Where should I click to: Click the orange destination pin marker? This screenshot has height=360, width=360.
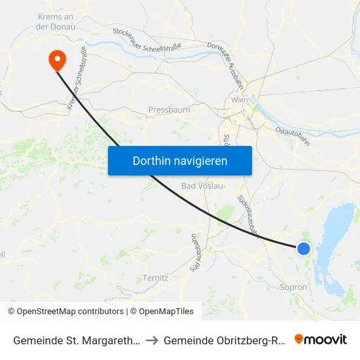(58, 60)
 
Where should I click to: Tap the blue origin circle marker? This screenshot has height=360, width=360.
(304, 249)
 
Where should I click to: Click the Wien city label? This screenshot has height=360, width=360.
(240, 100)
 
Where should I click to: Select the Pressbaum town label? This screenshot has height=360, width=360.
(169, 110)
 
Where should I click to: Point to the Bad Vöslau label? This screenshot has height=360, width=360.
(203, 186)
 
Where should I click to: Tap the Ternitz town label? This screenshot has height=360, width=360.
(156, 278)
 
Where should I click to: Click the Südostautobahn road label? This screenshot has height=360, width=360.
(249, 215)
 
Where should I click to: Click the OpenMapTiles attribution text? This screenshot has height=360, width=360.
(162, 312)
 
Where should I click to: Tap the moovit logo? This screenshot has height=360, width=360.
(321, 340)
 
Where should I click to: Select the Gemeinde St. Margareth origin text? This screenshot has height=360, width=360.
(75, 340)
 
